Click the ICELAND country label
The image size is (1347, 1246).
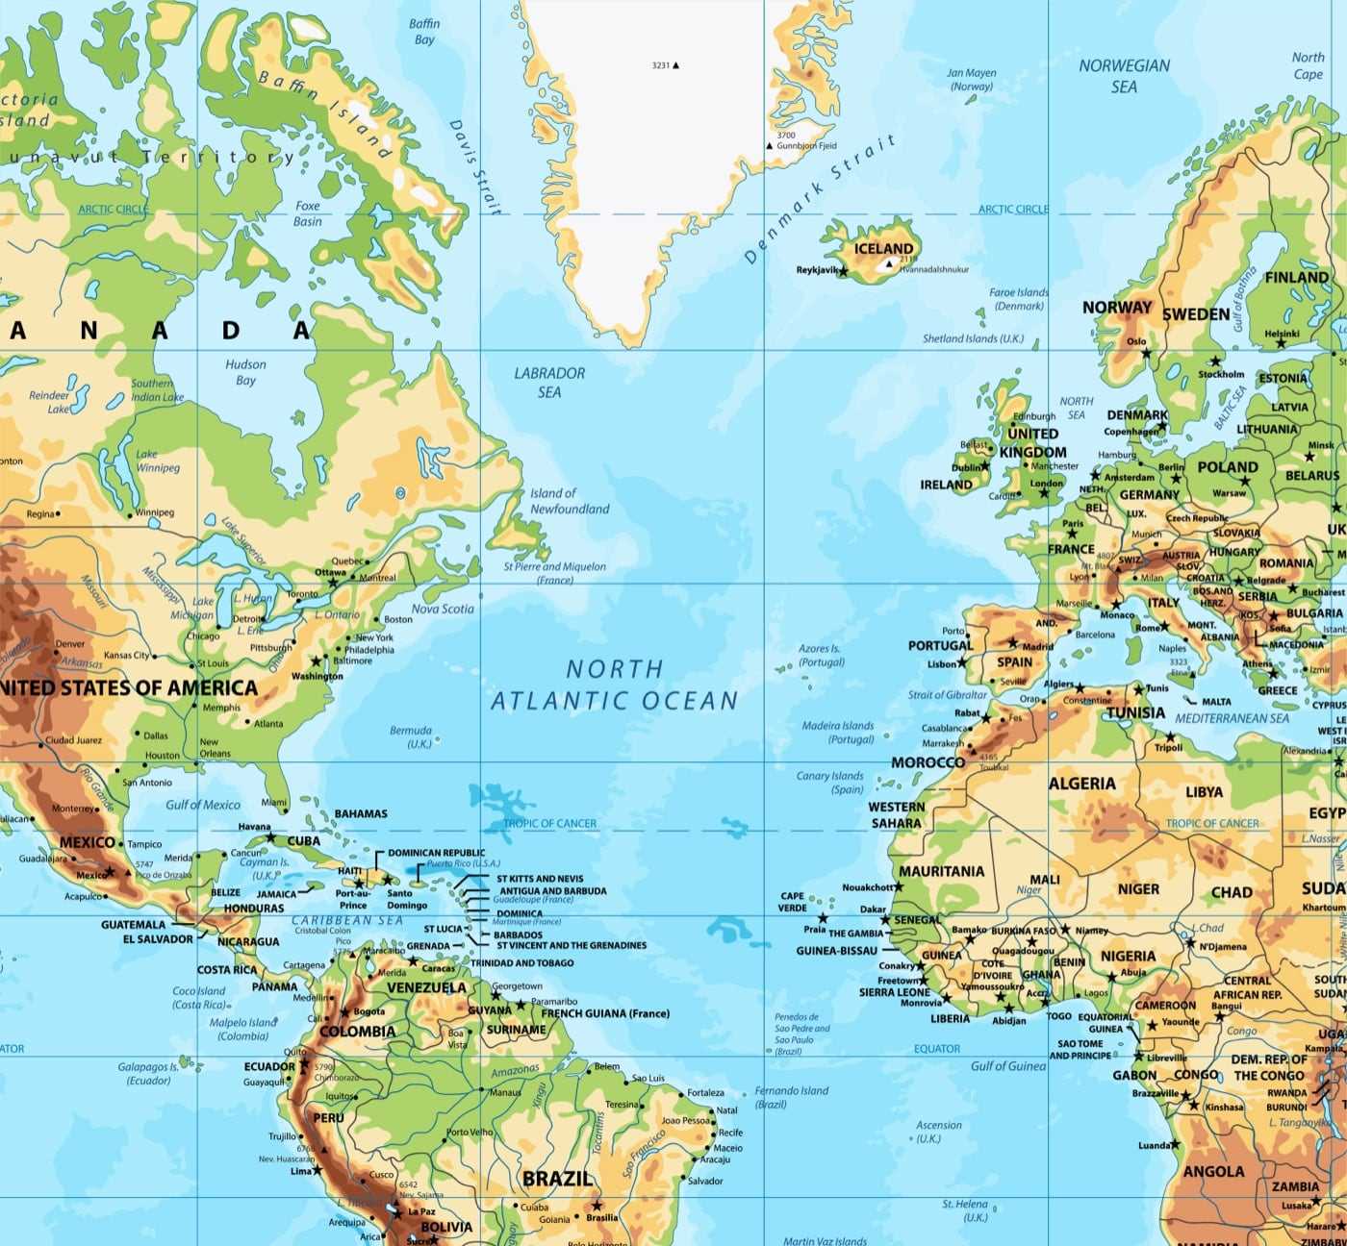click(x=883, y=249)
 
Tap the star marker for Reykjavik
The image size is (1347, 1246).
click(x=844, y=272)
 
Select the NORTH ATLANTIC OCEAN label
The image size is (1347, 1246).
click(x=614, y=685)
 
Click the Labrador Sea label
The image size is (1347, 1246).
click(x=549, y=382)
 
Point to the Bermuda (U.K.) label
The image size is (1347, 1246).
click(x=412, y=736)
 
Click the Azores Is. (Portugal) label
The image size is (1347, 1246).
click(x=821, y=655)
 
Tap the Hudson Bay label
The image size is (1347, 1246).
click(x=245, y=372)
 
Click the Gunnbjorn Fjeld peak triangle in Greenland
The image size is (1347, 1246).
click(x=770, y=146)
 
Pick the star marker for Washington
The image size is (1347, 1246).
click(x=316, y=661)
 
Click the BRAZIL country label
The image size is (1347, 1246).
click(x=557, y=1179)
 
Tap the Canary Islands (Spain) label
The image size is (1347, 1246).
click(x=830, y=782)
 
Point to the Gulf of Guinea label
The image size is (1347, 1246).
click(x=1007, y=1065)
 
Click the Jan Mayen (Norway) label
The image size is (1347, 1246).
click(x=971, y=79)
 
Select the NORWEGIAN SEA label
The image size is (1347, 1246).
click(x=1124, y=76)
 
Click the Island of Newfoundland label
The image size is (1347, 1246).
click(x=569, y=501)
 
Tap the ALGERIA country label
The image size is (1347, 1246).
click(x=1081, y=784)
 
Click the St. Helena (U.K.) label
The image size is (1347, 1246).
click(x=965, y=1209)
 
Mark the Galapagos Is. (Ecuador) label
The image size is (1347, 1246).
click(x=149, y=1073)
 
